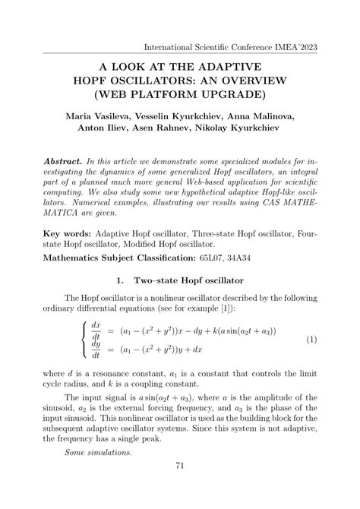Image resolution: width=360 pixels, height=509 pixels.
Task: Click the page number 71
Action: [180, 487]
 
